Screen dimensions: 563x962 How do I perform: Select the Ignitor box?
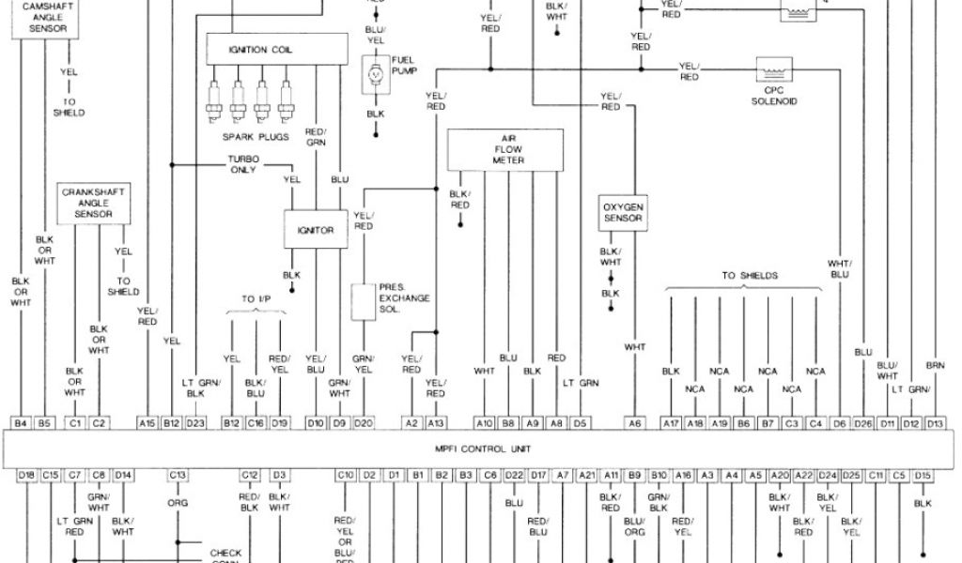(x=316, y=230)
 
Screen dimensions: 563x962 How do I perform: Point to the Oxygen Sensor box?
(x=622, y=212)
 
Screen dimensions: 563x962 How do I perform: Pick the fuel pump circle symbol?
(x=375, y=73)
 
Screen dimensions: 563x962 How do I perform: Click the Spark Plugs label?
(x=250, y=136)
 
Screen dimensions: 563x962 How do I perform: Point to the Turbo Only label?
(x=243, y=164)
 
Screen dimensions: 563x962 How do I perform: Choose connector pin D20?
(x=365, y=423)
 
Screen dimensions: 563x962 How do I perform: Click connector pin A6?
(x=635, y=423)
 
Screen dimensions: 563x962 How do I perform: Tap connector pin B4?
(x=21, y=423)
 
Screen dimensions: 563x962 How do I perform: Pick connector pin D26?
(x=863, y=423)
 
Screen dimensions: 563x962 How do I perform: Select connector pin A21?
(x=586, y=476)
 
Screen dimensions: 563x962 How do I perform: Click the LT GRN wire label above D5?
(x=581, y=383)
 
